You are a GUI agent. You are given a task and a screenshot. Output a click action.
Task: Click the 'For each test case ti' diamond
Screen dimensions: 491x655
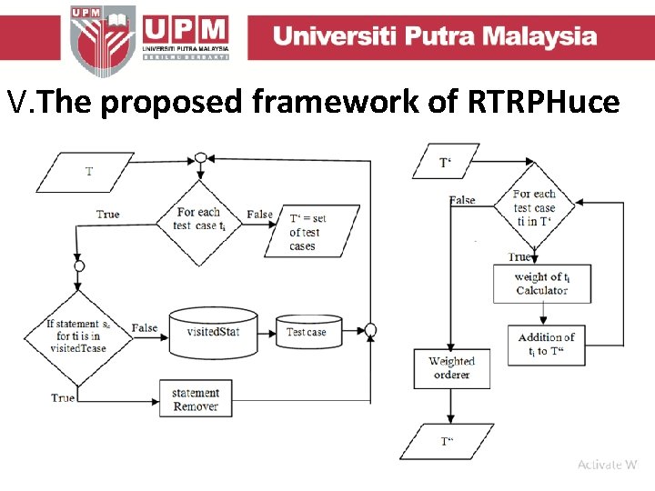(199, 219)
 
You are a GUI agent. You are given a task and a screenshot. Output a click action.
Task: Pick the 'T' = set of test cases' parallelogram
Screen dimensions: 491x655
(307, 232)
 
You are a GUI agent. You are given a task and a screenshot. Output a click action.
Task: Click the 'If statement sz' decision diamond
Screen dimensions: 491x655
(78, 336)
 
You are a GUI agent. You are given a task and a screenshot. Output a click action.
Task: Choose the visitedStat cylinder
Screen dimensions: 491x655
(213, 332)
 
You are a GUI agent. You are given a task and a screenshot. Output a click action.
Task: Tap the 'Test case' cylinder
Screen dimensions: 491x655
(307, 333)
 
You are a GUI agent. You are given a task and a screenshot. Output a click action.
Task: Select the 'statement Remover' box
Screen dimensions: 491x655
(196, 400)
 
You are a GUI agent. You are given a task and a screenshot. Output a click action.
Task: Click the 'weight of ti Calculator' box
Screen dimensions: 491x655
(541, 284)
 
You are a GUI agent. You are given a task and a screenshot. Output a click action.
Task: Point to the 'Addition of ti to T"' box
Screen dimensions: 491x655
(546, 344)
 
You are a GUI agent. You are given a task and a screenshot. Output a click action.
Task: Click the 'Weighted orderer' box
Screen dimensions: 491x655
(451, 368)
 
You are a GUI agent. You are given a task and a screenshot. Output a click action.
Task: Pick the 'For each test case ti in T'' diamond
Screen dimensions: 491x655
(534, 207)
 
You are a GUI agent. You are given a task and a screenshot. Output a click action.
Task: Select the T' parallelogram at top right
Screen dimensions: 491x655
(446, 163)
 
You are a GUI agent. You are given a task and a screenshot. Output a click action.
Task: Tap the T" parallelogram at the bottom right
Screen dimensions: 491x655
(447, 442)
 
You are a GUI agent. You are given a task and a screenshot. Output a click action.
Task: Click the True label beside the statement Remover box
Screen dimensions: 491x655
(63, 398)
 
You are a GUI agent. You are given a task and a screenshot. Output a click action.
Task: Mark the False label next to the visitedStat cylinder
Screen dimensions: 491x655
(144, 328)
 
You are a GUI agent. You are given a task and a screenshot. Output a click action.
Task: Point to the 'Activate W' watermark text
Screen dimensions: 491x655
(607, 465)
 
